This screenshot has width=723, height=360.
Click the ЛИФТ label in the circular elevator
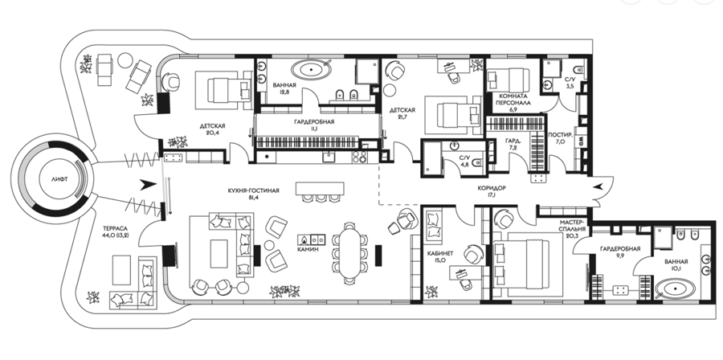point(59,180)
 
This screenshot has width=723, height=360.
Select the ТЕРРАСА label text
point(116,228)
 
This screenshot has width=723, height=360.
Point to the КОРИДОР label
point(492,188)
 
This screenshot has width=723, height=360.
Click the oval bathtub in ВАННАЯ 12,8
point(312,70)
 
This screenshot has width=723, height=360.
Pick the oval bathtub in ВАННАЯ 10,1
point(675,289)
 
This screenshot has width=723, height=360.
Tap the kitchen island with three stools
point(320,189)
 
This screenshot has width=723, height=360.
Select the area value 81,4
point(254,198)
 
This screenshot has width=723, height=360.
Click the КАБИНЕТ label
point(441,253)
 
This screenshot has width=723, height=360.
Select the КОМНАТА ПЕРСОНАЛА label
point(513,100)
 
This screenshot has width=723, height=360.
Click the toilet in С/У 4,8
point(477,162)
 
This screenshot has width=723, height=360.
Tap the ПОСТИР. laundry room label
point(560,135)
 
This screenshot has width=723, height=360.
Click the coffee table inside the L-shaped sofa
point(219,253)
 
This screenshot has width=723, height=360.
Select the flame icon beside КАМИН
point(304,239)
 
